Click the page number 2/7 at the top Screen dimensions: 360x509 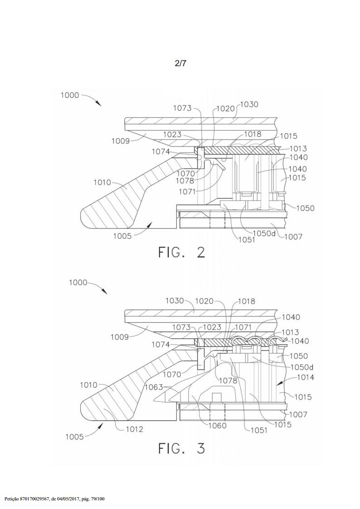180,63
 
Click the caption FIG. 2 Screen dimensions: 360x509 182,252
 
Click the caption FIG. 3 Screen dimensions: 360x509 182,448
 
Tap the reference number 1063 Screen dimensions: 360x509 154,387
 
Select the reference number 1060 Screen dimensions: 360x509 217,425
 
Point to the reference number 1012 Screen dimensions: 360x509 134,429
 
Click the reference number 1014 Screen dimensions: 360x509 305,378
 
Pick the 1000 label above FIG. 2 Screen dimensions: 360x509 69,95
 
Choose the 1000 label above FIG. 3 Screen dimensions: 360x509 78,282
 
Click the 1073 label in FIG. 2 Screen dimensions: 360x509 182,108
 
